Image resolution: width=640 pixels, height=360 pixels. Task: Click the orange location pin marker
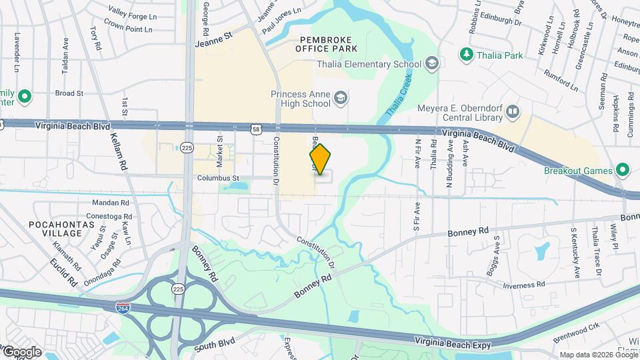pos(320,159)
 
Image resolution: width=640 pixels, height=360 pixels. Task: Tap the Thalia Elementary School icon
pos(432,64)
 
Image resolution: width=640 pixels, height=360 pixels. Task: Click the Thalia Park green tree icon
pos(466,55)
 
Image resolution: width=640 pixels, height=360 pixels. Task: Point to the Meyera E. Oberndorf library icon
pos(513,111)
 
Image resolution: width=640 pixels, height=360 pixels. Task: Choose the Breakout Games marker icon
pos(623,170)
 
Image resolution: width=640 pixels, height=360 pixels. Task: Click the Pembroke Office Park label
pos(329,44)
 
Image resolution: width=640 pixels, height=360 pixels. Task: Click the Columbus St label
pos(217,179)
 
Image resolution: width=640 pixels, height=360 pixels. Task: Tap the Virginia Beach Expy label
pos(452,345)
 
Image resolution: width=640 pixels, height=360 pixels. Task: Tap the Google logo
pos(21,351)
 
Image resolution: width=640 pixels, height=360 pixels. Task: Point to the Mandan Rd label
pos(111,202)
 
